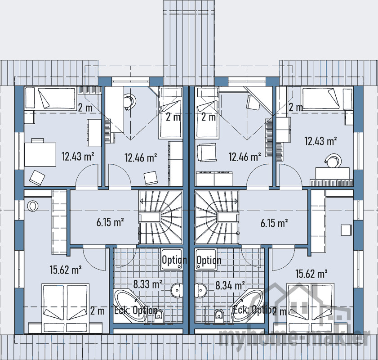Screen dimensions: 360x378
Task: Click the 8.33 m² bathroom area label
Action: tap(147, 284)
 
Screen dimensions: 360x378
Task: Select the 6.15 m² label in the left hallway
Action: tap(110, 222)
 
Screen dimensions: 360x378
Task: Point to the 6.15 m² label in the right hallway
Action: tap(274, 222)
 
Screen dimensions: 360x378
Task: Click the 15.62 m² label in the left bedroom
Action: tap(65, 270)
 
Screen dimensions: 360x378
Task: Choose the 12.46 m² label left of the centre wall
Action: tap(141, 157)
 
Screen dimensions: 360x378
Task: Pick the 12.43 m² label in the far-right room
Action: tap(321, 141)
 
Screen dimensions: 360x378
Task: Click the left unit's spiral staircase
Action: tap(161, 217)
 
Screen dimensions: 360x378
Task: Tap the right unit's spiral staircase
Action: tap(217, 217)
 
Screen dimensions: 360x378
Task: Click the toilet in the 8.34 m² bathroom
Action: tap(219, 315)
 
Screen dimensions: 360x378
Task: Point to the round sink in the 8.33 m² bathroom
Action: tap(178, 290)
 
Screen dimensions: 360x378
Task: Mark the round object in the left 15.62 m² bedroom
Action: tap(33, 206)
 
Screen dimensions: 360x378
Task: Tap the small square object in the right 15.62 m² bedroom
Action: tap(346, 229)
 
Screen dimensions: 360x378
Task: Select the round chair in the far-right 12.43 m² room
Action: tap(332, 160)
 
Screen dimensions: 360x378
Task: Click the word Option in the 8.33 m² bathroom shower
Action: tap(174, 260)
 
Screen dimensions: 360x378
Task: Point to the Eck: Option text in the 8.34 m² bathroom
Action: tap(254, 310)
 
